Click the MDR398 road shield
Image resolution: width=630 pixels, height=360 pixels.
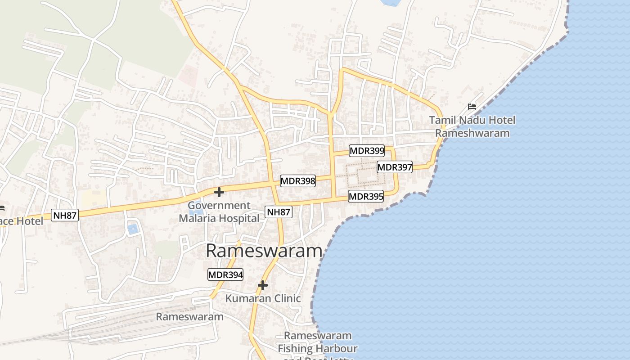point(298,181)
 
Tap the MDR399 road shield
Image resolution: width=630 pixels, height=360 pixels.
point(367,151)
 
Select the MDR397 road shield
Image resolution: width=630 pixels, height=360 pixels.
point(395,167)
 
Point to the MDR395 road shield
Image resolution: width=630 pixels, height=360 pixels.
point(366,196)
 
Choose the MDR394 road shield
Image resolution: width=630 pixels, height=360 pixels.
point(225,274)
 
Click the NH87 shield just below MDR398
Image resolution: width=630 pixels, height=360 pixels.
point(279,212)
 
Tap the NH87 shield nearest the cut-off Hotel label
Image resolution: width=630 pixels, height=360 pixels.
point(65,215)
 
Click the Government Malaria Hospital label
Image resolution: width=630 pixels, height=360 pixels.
point(219,212)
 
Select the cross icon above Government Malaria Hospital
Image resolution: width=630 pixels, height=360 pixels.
point(219,192)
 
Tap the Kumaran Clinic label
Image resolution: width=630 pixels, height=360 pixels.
point(263,298)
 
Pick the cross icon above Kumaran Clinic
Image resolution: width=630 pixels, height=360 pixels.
point(263,285)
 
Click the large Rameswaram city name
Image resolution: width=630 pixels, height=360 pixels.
point(264,251)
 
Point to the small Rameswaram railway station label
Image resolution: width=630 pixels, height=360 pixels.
point(189,316)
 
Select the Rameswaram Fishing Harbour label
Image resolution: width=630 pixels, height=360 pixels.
point(318,342)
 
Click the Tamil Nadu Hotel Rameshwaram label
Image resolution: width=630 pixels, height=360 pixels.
point(472,126)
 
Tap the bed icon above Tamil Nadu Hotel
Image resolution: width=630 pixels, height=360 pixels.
point(472,107)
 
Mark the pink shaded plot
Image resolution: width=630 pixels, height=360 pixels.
point(188,74)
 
